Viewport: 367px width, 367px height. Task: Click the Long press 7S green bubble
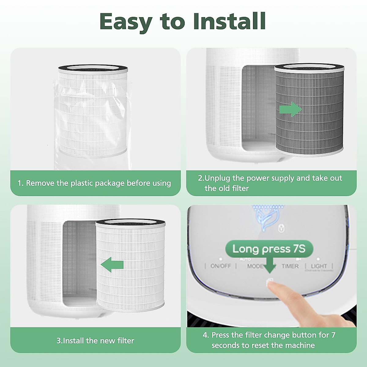pyautogui.click(x=269, y=249)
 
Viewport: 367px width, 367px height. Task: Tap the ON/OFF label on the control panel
pyautogui.click(x=221, y=266)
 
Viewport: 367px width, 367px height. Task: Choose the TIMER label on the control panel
pyautogui.click(x=290, y=266)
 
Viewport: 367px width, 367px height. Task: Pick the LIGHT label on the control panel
pyautogui.click(x=319, y=266)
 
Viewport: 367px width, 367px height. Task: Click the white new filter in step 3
pyautogui.click(x=132, y=266)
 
